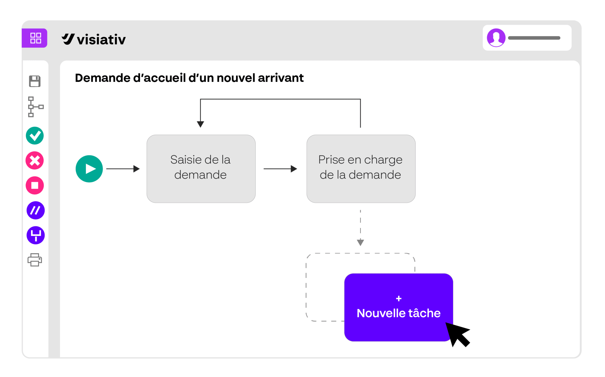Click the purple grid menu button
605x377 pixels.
pos(35,38)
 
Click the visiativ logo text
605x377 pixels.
pos(101,39)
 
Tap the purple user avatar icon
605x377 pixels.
pos(496,38)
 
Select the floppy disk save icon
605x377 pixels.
pos(35,81)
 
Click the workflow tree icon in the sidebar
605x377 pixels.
pos(35,107)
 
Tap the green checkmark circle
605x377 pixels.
pos(35,136)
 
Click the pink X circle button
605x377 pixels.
pos(35,161)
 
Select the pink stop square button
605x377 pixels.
pos(35,185)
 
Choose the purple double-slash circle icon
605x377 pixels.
pos(36,210)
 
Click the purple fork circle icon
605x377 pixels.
pos(36,235)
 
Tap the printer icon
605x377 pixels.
pos(35,260)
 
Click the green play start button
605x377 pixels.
pos(89,169)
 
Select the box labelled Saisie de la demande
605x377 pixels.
pos(201,169)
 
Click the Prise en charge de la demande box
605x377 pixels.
pos(361,169)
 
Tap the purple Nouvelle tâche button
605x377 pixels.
pos(399,307)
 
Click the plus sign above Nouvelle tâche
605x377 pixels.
pos(399,299)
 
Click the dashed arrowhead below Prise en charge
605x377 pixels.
pos(360,242)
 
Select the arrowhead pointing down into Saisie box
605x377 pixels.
pos(201,124)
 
